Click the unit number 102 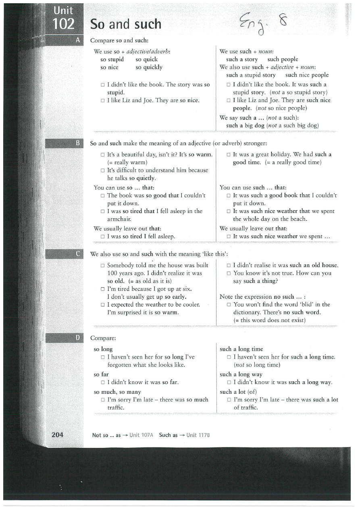[x=64, y=24]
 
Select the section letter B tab [x=78, y=143]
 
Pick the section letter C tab [x=78, y=254]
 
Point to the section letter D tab [x=78, y=338]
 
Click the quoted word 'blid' [x=298, y=305]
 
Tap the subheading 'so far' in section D [x=101, y=374]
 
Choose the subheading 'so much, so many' [x=117, y=392]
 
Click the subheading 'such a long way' [x=241, y=374]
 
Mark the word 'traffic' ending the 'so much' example [x=116, y=408]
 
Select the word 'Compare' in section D [x=103, y=338]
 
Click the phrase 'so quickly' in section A [x=149, y=67]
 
